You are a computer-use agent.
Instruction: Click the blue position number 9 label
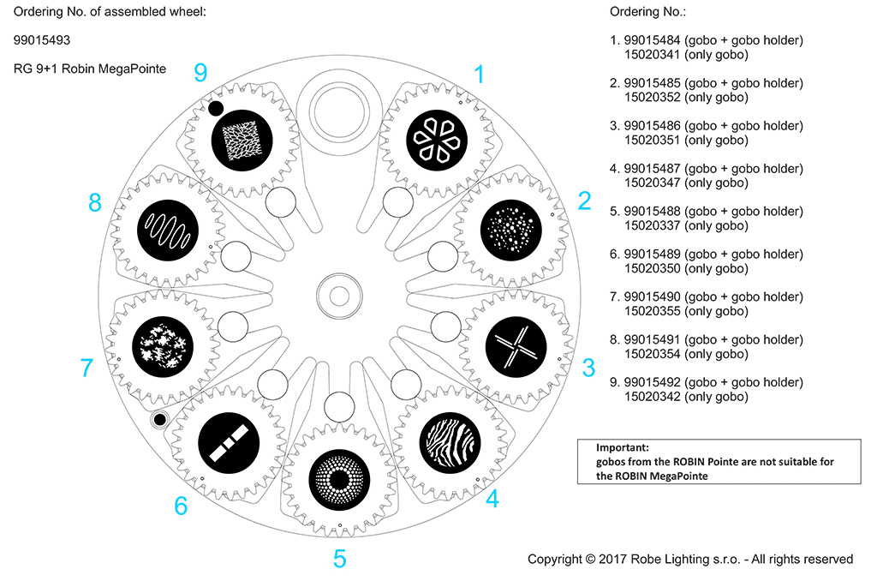[200, 73]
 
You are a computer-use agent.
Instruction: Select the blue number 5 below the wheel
[340, 560]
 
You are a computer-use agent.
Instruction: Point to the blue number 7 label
[86, 368]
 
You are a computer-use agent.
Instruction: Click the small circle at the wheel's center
[339, 296]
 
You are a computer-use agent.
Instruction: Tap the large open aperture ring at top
[342, 106]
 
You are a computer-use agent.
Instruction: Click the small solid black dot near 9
[216, 108]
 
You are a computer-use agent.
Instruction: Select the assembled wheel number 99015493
[42, 39]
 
